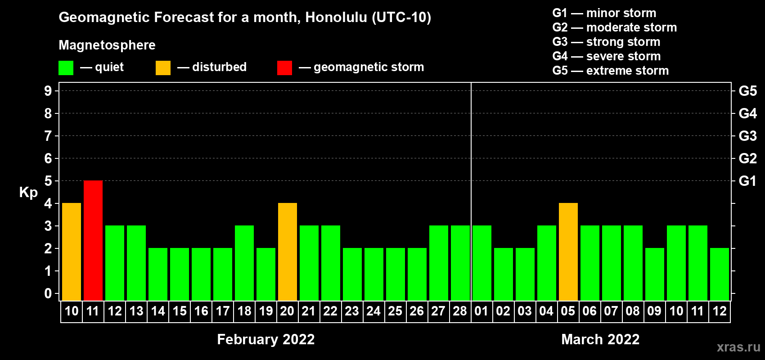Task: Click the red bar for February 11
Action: pyautogui.click(x=93, y=240)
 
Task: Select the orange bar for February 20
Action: pyautogui.click(x=288, y=252)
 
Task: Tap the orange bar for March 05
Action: pyautogui.click(x=568, y=252)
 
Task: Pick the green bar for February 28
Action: pyautogui.click(x=460, y=263)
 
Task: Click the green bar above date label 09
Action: pyautogui.click(x=655, y=274)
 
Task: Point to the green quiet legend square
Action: pyautogui.click(x=66, y=67)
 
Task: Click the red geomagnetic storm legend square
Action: pyautogui.click(x=285, y=67)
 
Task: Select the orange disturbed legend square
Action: pyautogui.click(x=163, y=67)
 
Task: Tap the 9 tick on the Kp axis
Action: pyautogui.click(x=48, y=91)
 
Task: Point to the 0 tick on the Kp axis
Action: pyautogui.click(x=48, y=293)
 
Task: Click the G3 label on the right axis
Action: pyautogui.click(x=747, y=136)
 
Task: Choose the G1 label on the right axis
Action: pyautogui.click(x=747, y=181)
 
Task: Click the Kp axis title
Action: pyautogui.click(x=28, y=193)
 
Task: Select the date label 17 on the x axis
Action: pyautogui.click(x=223, y=311)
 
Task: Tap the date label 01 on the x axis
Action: pyautogui.click(x=481, y=311)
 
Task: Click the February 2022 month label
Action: pyautogui.click(x=265, y=339)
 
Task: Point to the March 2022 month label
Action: pyautogui.click(x=600, y=339)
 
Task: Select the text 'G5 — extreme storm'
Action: pyautogui.click(x=611, y=71)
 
